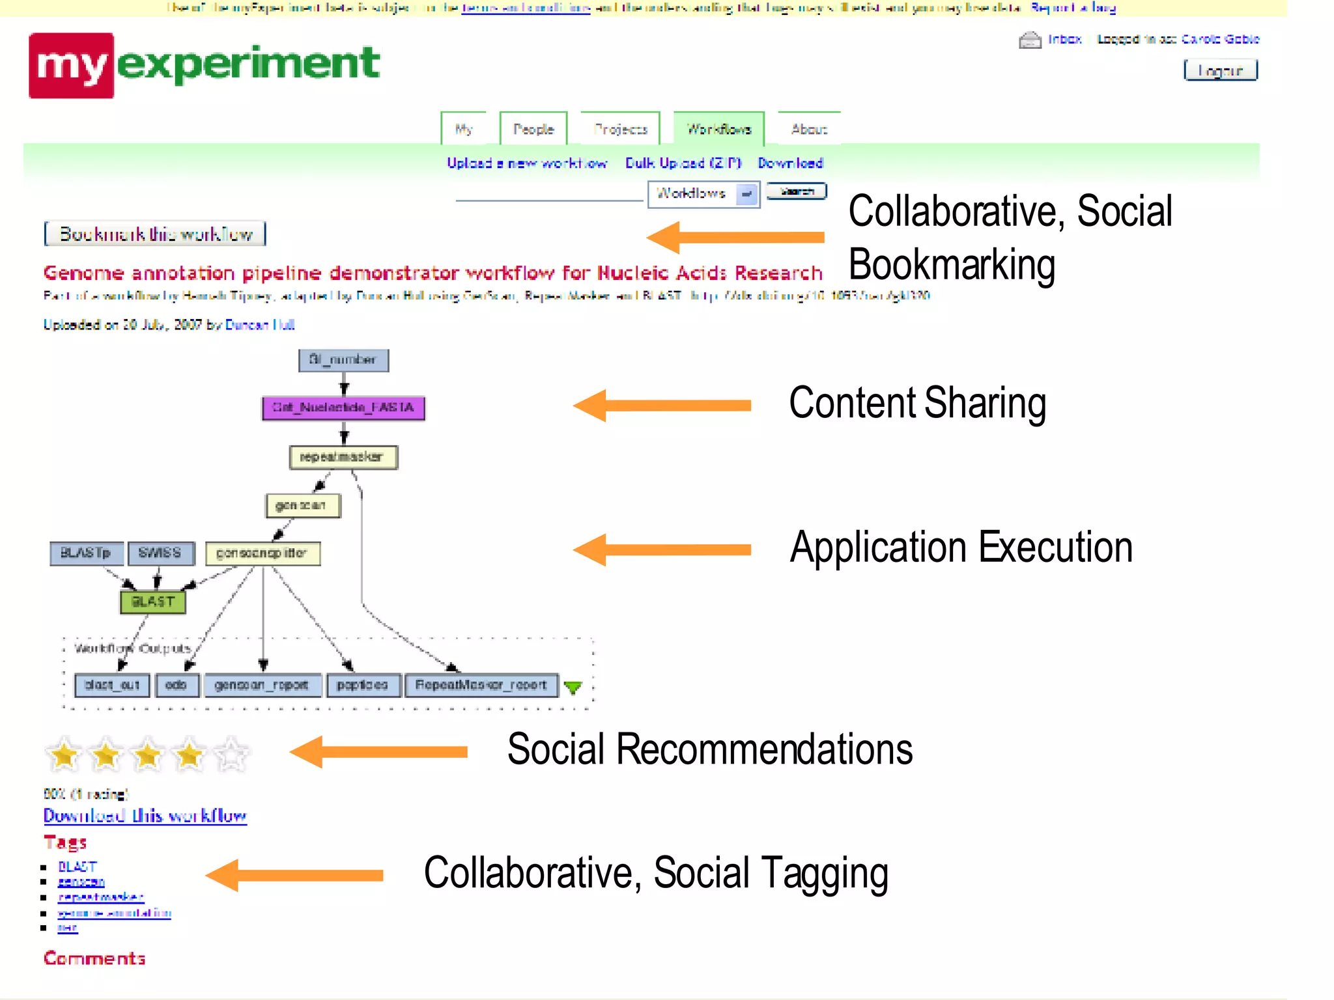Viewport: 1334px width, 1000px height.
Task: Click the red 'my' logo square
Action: point(71,65)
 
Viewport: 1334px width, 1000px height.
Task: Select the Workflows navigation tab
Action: point(718,129)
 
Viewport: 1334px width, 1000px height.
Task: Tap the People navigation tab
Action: point(533,129)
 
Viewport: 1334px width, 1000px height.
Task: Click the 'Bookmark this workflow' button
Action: point(155,234)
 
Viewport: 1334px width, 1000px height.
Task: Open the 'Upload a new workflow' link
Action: point(526,163)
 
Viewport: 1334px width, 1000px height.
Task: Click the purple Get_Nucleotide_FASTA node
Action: point(343,408)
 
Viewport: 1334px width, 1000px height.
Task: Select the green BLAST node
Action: point(153,602)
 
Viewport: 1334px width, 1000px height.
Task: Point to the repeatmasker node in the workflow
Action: point(343,457)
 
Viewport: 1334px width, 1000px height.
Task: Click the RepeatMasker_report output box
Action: point(481,685)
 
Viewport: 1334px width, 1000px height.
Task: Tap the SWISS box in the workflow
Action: point(160,553)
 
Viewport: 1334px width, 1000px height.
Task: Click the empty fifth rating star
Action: point(231,755)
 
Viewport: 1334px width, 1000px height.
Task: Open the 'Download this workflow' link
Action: point(145,816)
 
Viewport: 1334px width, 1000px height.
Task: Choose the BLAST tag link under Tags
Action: point(77,867)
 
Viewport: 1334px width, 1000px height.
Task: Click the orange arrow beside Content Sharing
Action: point(661,406)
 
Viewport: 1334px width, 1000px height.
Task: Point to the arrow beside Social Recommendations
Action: point(378,752)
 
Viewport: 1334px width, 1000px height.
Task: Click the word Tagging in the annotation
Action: point(825,874)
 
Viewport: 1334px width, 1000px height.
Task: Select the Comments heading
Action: point(94,958)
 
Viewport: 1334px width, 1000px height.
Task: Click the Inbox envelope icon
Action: point(1029,40)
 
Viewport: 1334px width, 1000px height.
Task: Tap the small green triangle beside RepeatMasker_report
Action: point(573,687)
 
